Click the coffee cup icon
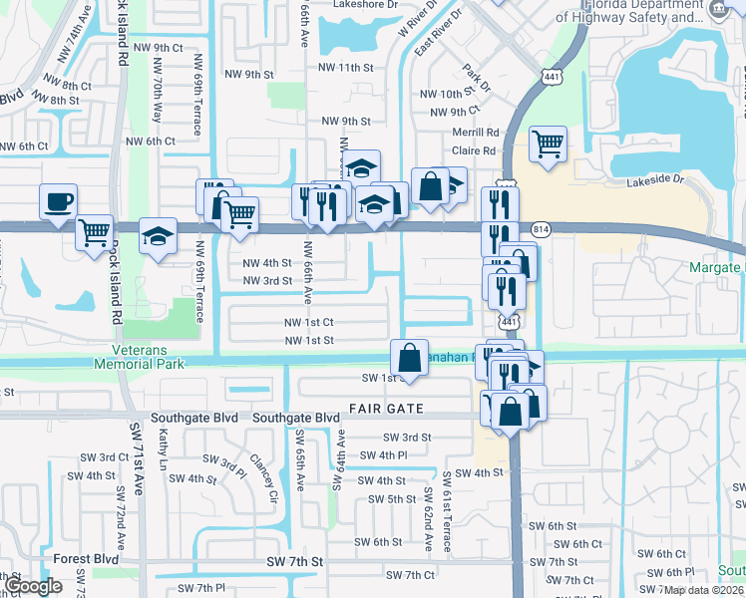58,201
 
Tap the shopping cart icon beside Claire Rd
549,144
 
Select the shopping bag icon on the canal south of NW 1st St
409,357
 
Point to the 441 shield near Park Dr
550,77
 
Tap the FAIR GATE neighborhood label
387,409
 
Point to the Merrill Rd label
475,132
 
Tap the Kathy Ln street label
163,446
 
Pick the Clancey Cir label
262,476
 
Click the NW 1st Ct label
308,322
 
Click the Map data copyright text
704,590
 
